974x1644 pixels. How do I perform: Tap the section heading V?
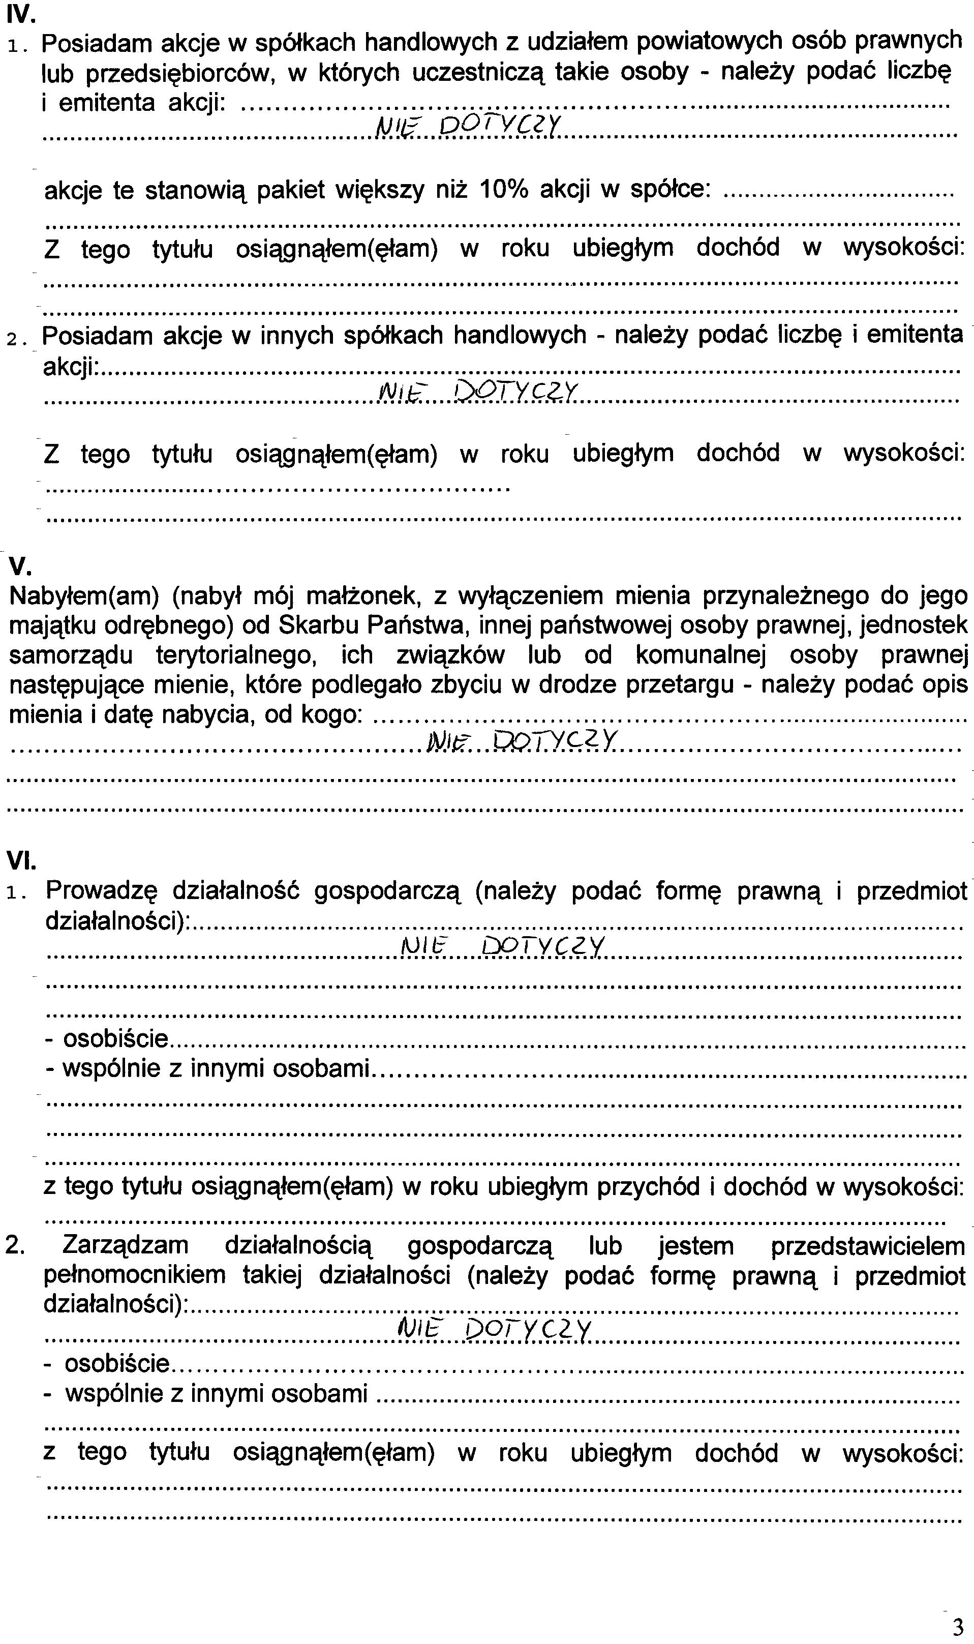[20, 566]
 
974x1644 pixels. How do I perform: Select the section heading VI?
[21, 860]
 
